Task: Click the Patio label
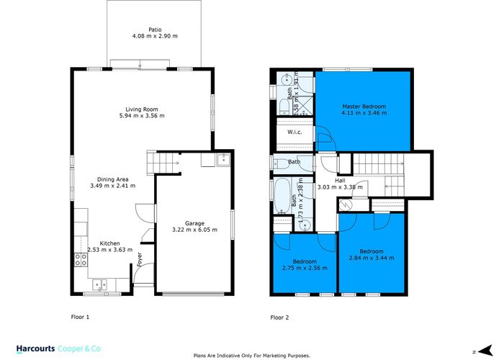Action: [155, 30]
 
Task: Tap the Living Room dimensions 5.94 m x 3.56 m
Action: [142, 116]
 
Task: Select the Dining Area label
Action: [113, 179]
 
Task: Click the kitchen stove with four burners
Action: [81, 260]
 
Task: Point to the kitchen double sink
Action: [100, 285]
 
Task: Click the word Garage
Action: [194, 223]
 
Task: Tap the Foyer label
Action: [140, 259]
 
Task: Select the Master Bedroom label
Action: [364, 107]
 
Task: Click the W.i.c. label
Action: [294, 132]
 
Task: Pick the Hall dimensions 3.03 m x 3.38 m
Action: [340, 187]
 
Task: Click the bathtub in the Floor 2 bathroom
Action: [282, 195]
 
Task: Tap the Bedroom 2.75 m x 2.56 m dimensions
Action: [305, 268]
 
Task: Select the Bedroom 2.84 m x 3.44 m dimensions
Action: [372, 258]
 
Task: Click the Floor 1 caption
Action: [80, 317]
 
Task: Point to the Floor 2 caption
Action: [279, 318]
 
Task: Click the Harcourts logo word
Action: [36, 348]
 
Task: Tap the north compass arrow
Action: [485, 351]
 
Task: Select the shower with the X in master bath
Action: [303, 104]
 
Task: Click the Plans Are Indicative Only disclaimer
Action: [252, 356]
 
